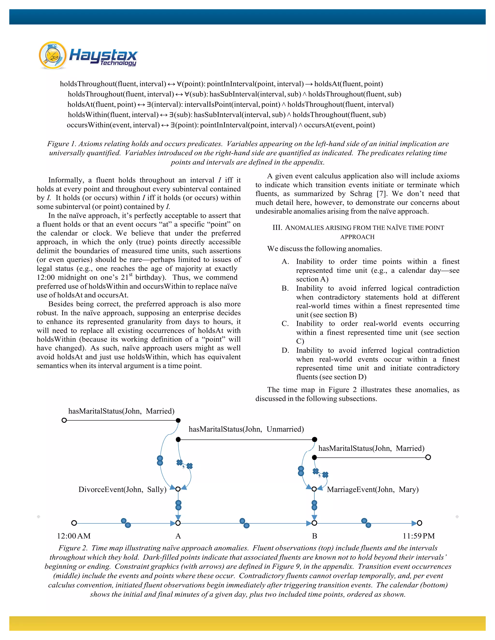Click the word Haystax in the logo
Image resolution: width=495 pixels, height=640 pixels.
[103, 55]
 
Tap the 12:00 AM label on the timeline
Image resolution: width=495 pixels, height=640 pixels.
[74, 536]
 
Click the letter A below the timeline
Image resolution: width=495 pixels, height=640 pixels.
[178, 536]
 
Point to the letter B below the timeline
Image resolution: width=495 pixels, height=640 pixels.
[314, 536]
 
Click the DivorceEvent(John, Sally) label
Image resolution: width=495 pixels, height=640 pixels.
[122, 489]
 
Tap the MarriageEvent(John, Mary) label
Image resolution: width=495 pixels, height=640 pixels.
[373, 489]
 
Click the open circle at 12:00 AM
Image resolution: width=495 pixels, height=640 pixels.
[74, 523]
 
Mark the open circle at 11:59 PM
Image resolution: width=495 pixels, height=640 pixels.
[420, 523]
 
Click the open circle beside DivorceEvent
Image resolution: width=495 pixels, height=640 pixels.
[178, 489]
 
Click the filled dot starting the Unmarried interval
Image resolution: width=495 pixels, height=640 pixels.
[178, 439]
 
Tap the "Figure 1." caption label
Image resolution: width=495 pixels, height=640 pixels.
[62, 144]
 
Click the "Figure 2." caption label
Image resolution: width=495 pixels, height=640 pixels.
[73, 548]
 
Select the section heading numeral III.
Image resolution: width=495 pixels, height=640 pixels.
[277, 228]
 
